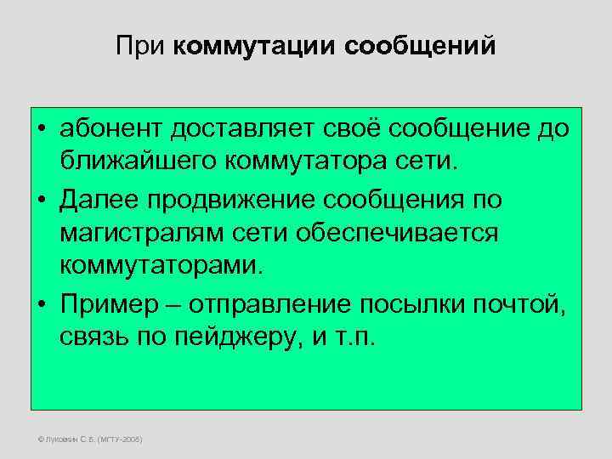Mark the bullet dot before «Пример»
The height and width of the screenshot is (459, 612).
tap(41, 303)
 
